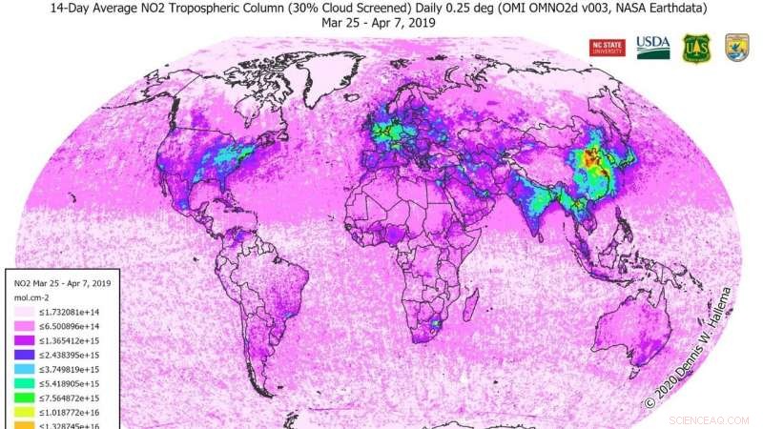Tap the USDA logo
coord(653,47)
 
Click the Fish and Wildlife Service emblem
coord(736,48)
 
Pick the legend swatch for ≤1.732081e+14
coord(24,313)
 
